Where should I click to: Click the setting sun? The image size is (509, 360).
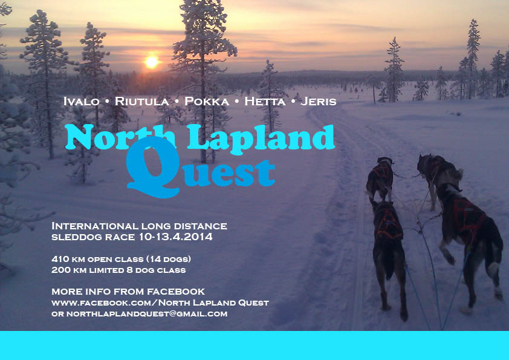point(152,62)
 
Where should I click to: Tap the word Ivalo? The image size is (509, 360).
point(81,102)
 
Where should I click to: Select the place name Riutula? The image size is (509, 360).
point(141,102)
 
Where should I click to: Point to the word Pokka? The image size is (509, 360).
point(207,102)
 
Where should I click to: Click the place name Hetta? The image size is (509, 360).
point(265,102)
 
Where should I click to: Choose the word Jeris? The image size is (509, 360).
point(318,102)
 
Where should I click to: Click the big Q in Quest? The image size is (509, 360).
point(152,166)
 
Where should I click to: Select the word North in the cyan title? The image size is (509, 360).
point(120,137)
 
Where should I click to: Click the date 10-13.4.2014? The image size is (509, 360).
point(176,237)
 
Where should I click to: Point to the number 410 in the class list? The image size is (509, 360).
point(60,259)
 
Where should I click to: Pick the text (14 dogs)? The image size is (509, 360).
point(168,259)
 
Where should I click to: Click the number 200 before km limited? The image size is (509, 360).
point(60,270)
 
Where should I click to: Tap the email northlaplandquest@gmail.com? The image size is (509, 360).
point(147,314)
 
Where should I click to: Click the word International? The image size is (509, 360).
point(95,226)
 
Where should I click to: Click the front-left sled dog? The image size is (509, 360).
point(380,178)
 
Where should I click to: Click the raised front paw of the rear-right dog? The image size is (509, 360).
point(449,257)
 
